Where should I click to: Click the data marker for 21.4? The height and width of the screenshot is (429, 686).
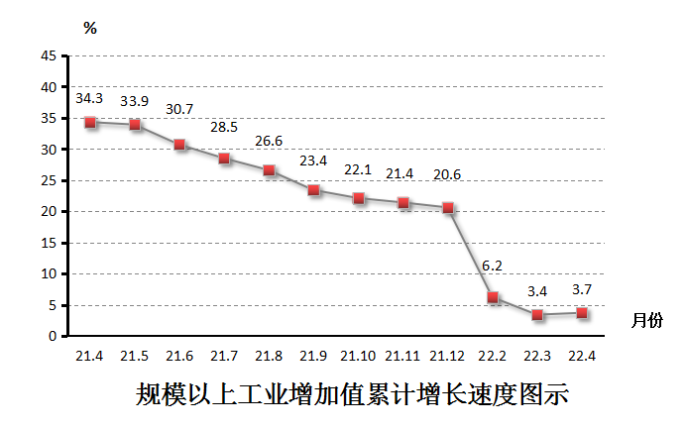pos(90,123)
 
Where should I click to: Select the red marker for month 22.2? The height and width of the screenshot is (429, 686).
pos(493,297)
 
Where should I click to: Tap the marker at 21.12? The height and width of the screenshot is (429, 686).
pos(448,208)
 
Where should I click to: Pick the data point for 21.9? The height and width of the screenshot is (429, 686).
pos(313,190)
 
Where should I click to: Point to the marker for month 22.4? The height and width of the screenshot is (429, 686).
pos(582,313)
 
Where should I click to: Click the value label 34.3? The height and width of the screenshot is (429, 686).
pos(89,98)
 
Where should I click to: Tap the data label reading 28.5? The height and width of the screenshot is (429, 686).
pos(224,128)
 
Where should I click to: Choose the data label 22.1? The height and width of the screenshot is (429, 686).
pos(358,170)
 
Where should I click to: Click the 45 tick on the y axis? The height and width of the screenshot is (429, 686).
pos(48,56)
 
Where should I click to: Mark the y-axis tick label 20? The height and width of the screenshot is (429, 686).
pos(48,212)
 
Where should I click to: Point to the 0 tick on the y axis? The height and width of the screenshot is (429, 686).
pos(52,337)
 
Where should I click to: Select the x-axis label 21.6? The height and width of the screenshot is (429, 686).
pos(179,356)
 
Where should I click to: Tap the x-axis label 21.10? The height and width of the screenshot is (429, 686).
pos(358,356)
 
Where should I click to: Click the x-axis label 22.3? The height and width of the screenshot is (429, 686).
pos(537,356)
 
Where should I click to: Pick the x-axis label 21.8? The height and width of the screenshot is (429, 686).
pos(269,356)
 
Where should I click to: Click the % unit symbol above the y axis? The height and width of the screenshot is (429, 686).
pos(90,28)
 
